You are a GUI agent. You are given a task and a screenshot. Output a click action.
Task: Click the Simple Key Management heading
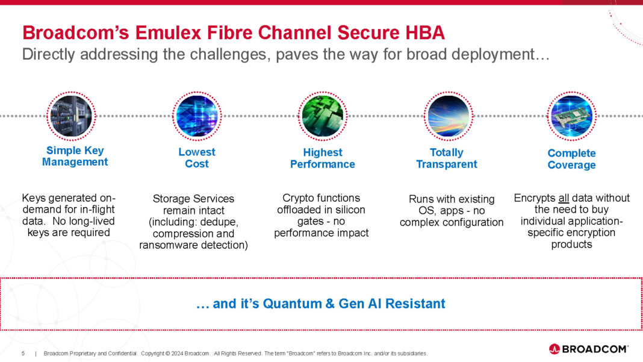click(x=75, y=156)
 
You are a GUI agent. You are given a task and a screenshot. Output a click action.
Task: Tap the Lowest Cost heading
click(x=197, y=158)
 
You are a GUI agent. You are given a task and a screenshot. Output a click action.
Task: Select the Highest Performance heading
click(x=322, y=158)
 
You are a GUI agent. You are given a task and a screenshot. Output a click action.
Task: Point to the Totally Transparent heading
click(x=446, y=158)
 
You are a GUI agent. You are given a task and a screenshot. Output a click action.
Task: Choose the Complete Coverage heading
click(x=571, y=159)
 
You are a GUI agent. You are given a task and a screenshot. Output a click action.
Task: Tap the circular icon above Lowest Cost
click(x=196, y=115)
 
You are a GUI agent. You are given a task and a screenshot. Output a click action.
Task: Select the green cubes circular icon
click(x=323, y=114)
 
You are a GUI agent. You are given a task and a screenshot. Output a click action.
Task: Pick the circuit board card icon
click(x=571, y=116)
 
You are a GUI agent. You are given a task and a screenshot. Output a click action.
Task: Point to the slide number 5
click(x=23, y=353)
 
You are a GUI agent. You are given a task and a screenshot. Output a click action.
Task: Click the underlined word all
click(x=563, y=198)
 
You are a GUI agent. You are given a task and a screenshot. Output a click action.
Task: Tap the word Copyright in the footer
click(x=155, y=353)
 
